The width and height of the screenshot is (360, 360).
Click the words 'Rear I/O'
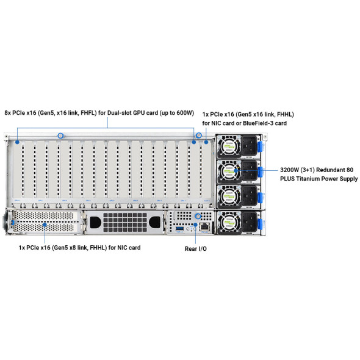coord(195,249)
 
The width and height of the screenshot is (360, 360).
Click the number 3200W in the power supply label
coord(290,170)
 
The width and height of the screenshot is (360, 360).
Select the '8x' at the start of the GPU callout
coord(8,113)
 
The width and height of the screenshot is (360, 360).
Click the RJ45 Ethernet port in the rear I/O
coord(205,226)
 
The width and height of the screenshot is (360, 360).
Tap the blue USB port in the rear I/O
coord(180,226)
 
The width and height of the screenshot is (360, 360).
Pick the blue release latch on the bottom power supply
coord(259,223)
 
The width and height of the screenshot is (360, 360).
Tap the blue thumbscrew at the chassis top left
coord(60,135)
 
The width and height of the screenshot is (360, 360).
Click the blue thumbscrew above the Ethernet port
coord(198,216)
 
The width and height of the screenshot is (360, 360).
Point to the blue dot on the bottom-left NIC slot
coord(45,225)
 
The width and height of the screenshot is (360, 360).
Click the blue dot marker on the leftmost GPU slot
coord(18,142)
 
